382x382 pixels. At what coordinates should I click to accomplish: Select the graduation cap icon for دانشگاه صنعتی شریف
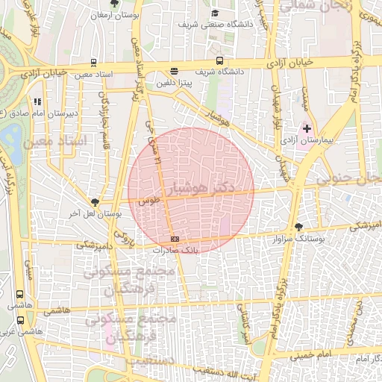click(216, 13)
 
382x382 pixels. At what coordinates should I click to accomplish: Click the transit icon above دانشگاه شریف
click(219, 60)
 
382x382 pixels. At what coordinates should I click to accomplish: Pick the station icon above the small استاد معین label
click(93, 63)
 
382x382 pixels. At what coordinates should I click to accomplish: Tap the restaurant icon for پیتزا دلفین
click(175, 72)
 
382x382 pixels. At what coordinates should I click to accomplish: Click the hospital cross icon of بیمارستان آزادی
click(306, 128)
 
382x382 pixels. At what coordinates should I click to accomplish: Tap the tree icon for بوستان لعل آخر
click(95, 202)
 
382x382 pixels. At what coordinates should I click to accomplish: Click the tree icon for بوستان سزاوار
click(299, 226)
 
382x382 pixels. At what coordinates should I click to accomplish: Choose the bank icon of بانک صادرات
click(175, 238)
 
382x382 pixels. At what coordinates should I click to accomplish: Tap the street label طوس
click(149, 200)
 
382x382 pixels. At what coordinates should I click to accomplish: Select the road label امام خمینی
click(306, 356)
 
